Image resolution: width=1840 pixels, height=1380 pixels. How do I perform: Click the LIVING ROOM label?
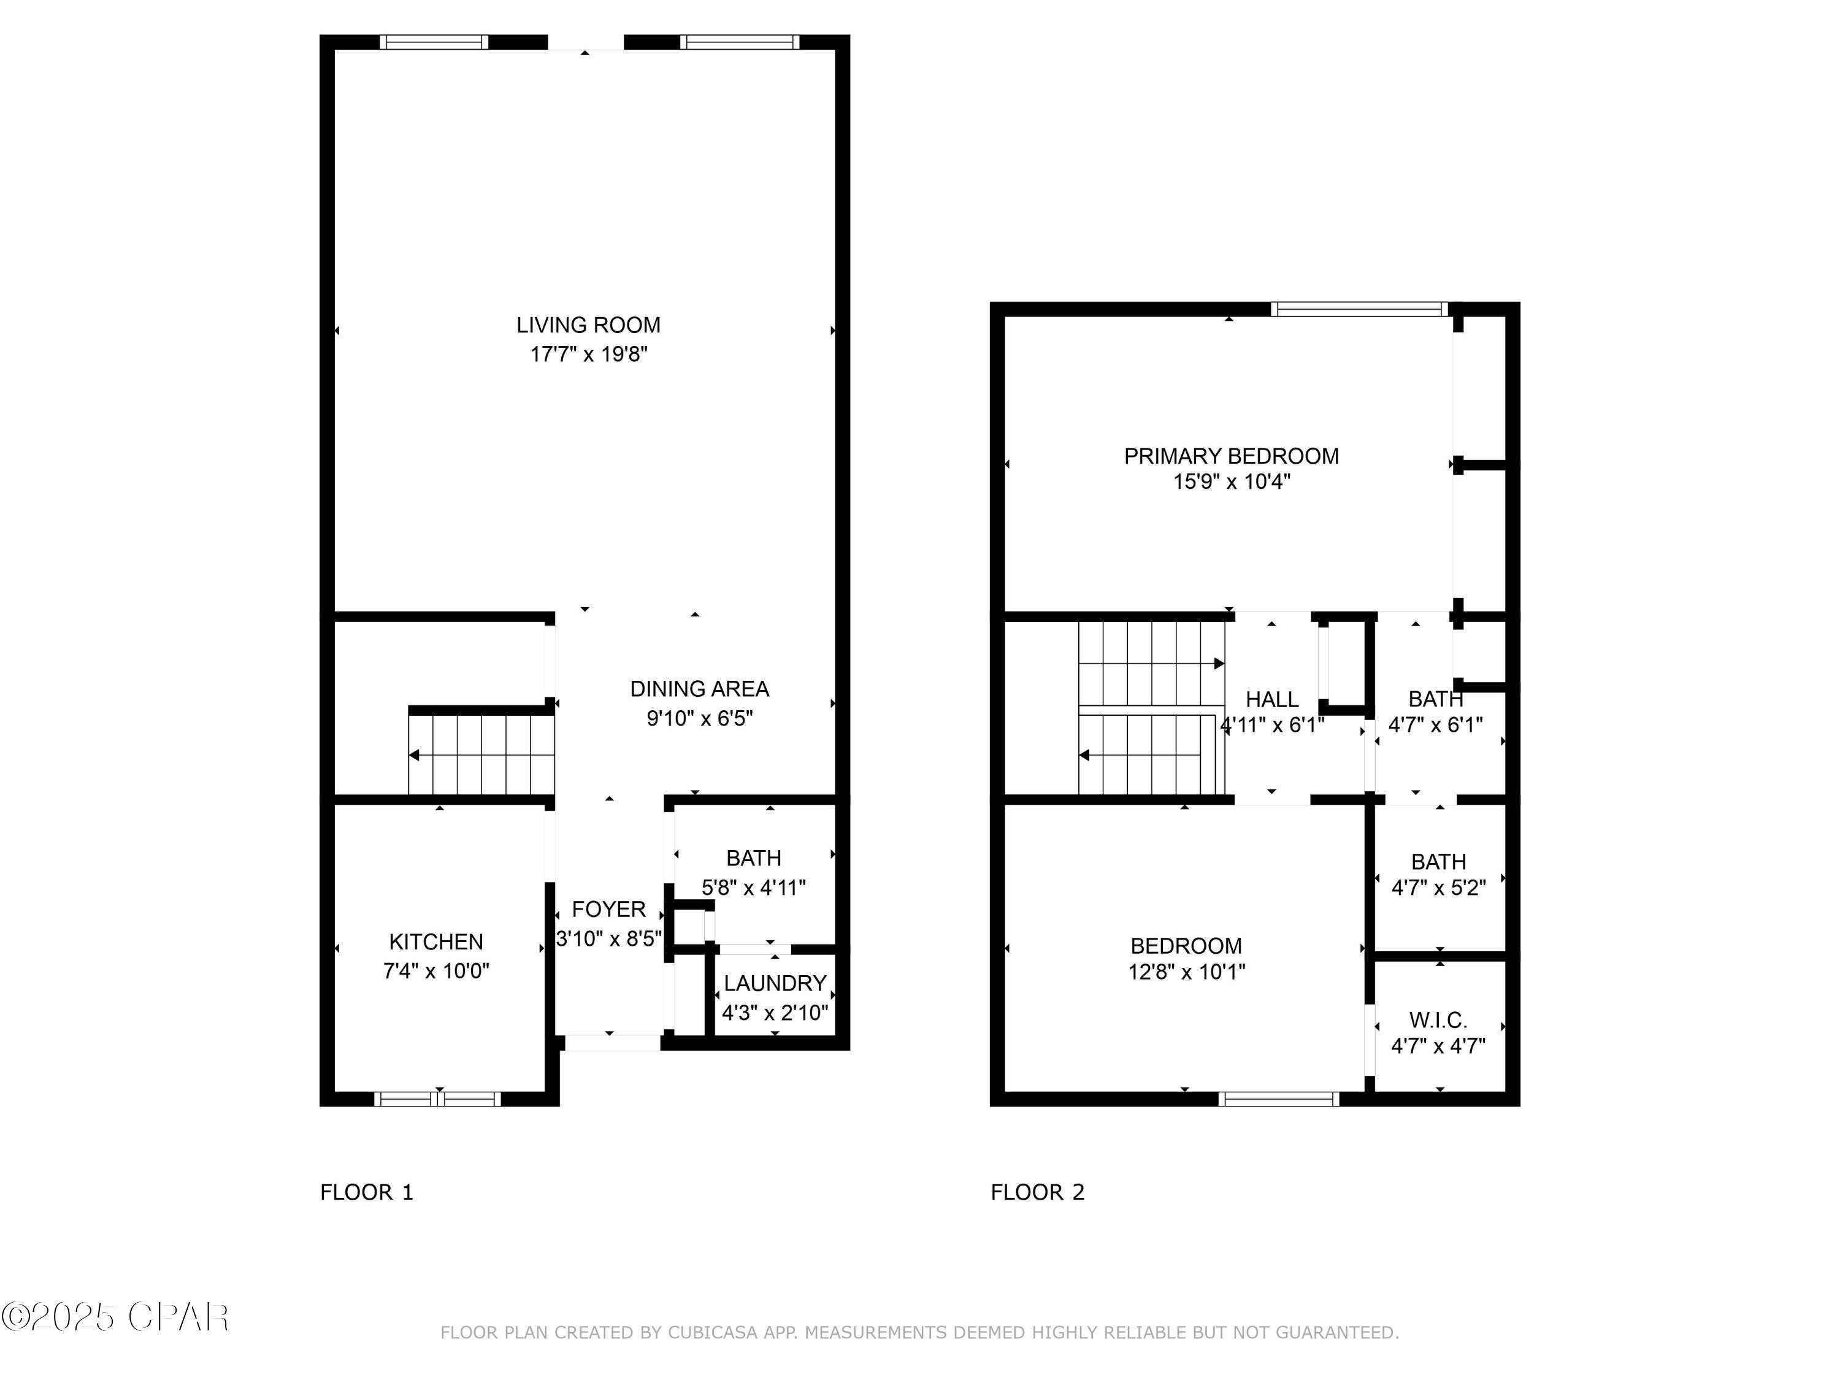tap(588, 325)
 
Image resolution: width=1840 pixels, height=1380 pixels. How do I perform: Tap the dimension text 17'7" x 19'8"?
tap(588, 355)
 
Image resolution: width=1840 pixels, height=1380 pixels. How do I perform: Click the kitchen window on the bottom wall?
tap(437, 1099)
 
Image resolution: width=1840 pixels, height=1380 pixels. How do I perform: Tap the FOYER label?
tap(609, 909)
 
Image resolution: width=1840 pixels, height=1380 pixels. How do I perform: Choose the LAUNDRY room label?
tap(775, 983)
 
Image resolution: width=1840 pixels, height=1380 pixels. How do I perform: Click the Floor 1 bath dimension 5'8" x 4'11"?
tap(754, 887)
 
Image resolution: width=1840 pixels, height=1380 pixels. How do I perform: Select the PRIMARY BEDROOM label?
tap(1231, 456)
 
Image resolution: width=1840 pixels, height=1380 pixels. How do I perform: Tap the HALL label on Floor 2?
tap(1272, 700)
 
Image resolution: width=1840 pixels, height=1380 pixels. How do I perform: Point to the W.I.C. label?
tap(1438, 1020)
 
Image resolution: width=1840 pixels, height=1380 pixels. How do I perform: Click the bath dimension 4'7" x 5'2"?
tap(1438, 887)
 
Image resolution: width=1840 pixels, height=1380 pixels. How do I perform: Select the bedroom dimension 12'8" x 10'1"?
tap(1186, 972)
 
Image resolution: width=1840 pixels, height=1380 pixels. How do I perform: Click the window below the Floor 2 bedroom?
tap(1279, 1099)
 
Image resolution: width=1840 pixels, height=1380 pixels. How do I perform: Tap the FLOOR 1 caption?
tap(367, 1192)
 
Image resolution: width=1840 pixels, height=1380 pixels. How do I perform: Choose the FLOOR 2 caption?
tap(1037, 1192)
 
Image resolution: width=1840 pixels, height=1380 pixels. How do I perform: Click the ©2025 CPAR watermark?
tap(115, 1317)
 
